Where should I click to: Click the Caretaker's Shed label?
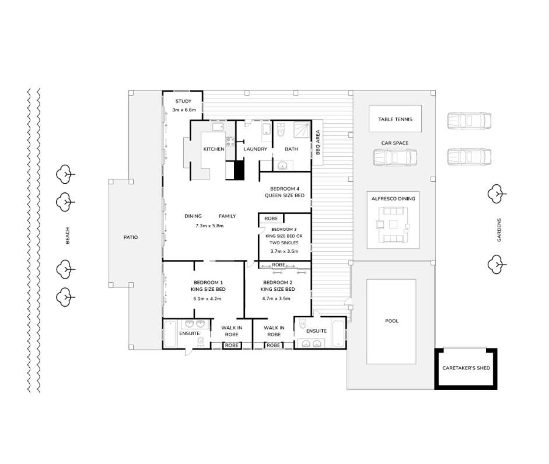(466, 368)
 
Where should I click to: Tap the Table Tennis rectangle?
(395, 119)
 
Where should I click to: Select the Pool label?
(391, 321)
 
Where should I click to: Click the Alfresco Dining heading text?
(393, 198)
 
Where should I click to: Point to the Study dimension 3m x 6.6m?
(184, 110)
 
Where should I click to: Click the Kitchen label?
(214, 149)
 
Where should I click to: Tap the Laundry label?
(255, 149)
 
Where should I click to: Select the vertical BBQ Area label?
(318, 142)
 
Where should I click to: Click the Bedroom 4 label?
(285, 189)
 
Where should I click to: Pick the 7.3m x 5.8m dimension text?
(209, 226)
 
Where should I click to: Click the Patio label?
(131, 237)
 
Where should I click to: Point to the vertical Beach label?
(68, 235)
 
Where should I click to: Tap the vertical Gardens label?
(499, 230)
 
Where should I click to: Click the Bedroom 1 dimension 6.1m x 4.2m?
(207, 298)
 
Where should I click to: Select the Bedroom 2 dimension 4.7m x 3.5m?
(277, 298)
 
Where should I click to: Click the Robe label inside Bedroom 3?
(271, 219)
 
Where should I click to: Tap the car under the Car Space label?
(395, 157)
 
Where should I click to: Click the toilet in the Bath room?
(281, 130)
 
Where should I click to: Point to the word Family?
(227, 216)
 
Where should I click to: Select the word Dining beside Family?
(193, 216)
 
